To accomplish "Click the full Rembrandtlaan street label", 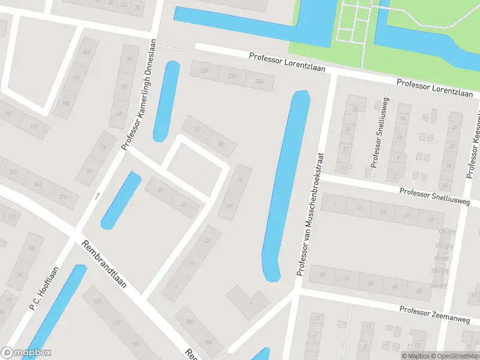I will pyautogui.click(x=104, y=265).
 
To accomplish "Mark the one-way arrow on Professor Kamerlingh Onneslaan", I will pyautogui.click(x=98, y=195).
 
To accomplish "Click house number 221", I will pyautogui.click(x=206, y=71).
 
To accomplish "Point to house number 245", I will pyautogui.click(x=259, y=81).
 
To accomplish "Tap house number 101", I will pyautogui.click(x=197, y=129).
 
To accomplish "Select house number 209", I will pyautogui.click(x=86, y=52).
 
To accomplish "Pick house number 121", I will pyautogui.click(x=98, y=300).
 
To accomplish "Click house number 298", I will pyautogui.click(x=209, y=342).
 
